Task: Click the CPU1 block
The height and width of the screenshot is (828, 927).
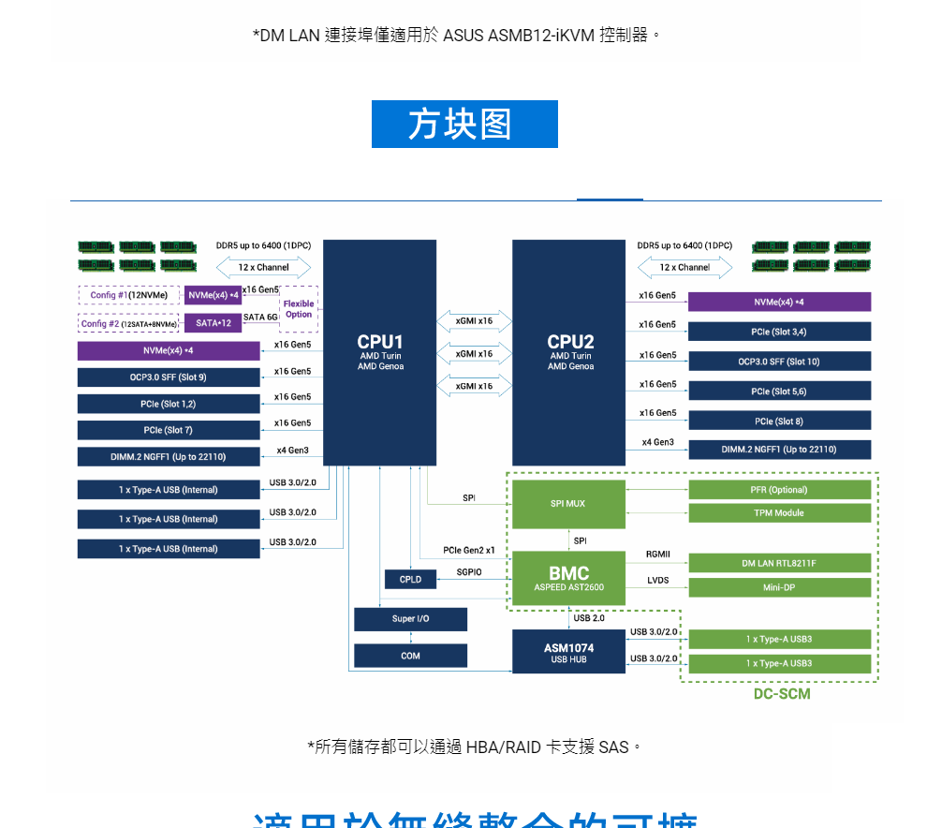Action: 379,352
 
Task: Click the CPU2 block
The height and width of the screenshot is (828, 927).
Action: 568,352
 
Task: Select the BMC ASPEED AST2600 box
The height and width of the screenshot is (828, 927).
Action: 568,580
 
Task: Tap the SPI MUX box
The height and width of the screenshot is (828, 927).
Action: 568,504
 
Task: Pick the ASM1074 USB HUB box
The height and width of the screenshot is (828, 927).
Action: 568,652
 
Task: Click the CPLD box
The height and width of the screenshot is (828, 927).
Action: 410,580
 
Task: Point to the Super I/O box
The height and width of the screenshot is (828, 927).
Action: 410,619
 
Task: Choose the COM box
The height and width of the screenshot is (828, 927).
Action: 410,656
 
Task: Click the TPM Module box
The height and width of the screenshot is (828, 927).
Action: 779,513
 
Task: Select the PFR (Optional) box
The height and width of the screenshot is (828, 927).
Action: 779,490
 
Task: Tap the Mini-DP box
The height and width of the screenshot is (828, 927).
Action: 779,588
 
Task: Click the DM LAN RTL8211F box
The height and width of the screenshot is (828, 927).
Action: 779,564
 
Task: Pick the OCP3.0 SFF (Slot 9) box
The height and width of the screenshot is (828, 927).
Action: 169,377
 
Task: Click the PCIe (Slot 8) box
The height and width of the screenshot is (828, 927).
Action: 779,421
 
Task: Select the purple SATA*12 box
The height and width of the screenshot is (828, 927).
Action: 213,323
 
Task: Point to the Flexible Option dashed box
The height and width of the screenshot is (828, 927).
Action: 299,309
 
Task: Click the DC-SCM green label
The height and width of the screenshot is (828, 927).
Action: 782,694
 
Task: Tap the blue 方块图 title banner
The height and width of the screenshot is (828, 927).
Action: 464,125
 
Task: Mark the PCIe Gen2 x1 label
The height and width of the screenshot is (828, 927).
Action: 469,550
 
